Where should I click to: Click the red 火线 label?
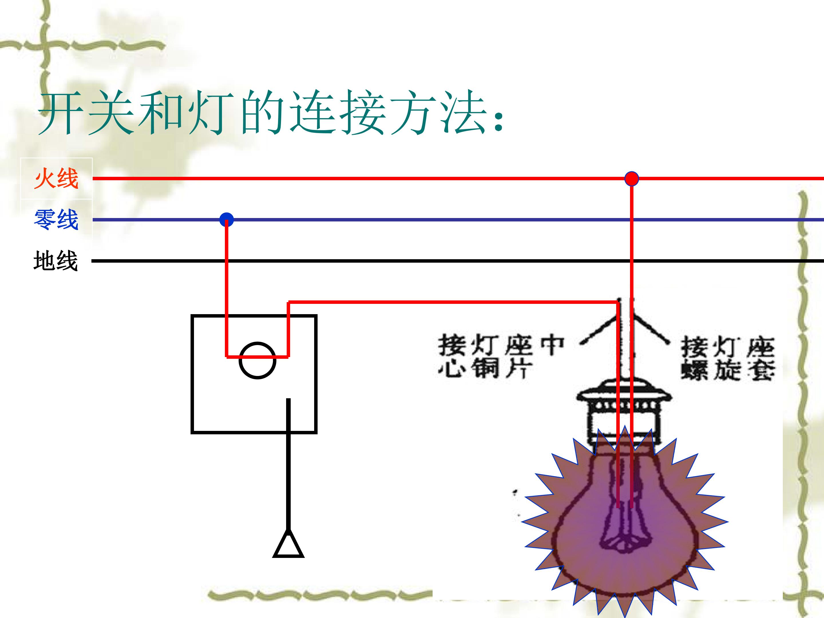point(56,179)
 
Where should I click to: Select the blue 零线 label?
point(56,219)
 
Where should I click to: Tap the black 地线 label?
point(56,260)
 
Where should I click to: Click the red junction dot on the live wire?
point(631,179)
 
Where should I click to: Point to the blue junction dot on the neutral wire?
point(227,220)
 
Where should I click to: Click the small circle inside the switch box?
point(257,343)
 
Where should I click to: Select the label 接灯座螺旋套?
point(728,358)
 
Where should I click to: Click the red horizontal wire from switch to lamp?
point(453,302)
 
